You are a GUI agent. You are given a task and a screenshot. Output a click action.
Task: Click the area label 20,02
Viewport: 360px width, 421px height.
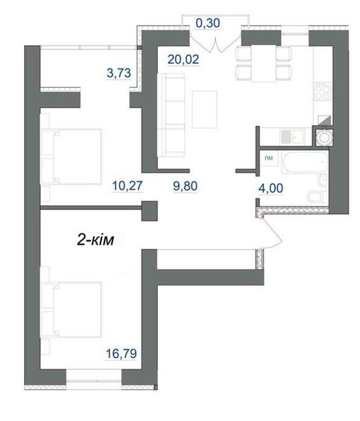coord(183,59)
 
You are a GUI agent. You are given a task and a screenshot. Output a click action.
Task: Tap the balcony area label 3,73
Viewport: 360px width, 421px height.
coord(119,73)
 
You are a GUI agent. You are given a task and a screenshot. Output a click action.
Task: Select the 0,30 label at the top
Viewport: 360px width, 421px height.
coord(208,23)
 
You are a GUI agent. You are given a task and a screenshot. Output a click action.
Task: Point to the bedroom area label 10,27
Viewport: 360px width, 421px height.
coord(127,186)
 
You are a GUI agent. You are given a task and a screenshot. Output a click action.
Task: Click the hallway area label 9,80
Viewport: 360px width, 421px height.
coord(185,186)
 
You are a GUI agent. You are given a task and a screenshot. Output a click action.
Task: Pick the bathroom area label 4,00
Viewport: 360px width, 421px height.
coord(271,188)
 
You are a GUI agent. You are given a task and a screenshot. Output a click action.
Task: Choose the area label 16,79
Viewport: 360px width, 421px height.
coord(122,354)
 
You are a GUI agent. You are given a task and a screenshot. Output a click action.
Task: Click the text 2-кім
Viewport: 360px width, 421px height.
coord(95,240)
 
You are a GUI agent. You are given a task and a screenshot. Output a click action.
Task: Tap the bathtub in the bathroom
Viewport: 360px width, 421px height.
coord(305,162)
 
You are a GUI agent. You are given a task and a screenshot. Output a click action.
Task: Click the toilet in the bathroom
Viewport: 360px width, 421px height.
coord(317,197)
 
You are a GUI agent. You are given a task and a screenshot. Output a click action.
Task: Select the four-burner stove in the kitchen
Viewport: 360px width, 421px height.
coord(323,92)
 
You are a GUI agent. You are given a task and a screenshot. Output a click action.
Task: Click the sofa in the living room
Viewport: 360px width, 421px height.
coord(172,115)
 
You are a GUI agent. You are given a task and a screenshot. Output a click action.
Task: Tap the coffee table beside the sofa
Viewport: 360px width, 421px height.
coord(205,110)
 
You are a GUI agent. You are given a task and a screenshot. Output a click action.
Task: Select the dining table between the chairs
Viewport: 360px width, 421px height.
coord(263,64)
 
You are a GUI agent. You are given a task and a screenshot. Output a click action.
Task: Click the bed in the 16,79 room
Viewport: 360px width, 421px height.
coord(71,310)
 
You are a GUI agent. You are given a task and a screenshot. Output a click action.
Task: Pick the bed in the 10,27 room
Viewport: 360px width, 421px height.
coord(71,157)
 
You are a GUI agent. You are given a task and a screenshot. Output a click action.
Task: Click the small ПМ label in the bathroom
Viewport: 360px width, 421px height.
coord(268,158)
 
